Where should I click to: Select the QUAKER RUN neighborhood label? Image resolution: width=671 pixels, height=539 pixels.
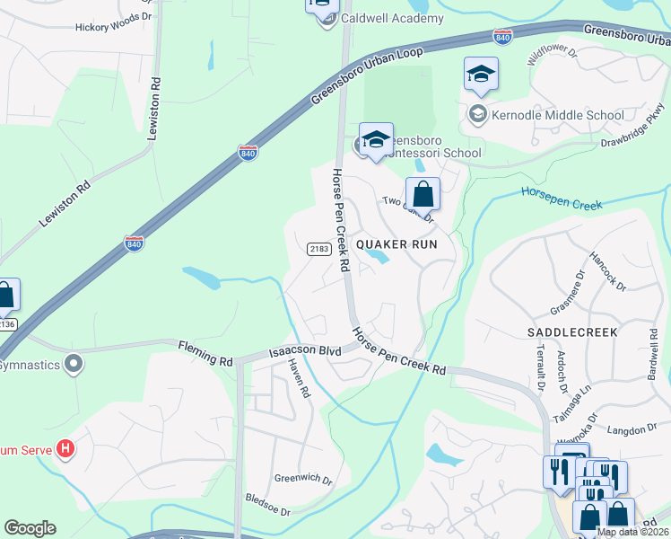pyautogui.click(x=396, y=243)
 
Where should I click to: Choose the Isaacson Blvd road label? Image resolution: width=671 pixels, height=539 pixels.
pyautogui.click(x=306, y=351)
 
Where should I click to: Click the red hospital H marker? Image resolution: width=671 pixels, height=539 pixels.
pyautogui.click(x=65, y=446)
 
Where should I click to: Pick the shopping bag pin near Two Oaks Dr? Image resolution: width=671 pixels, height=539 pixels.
pyautogui.click(x=423, y=194)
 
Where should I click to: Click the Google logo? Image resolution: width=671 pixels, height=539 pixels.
pyautogui.click(x=30, y=528)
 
